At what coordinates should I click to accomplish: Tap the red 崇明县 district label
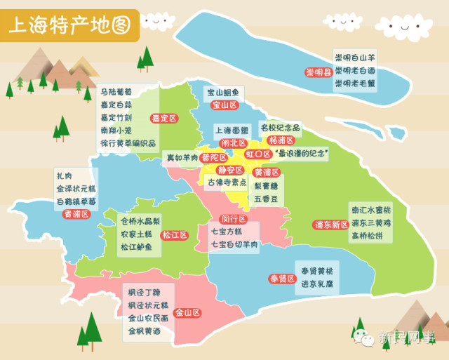(x=318, y=72)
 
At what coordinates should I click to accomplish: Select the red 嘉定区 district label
(x=166, y=118)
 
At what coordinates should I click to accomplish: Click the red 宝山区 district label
(x=224, y=105)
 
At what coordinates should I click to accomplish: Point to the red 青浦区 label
(x=77, y=214)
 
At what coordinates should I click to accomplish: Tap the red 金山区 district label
(x=187, y=313)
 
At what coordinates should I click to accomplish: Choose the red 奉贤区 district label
(x=282, y=279)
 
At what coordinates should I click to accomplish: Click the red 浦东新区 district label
(x=330, y=225)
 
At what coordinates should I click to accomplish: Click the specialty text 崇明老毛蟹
(x=354, y=83)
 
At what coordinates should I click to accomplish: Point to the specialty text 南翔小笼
(x=116, y=131)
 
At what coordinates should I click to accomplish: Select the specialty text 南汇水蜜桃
(x=372, y=210)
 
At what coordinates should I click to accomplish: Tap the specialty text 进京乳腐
(x=316, y=284)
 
